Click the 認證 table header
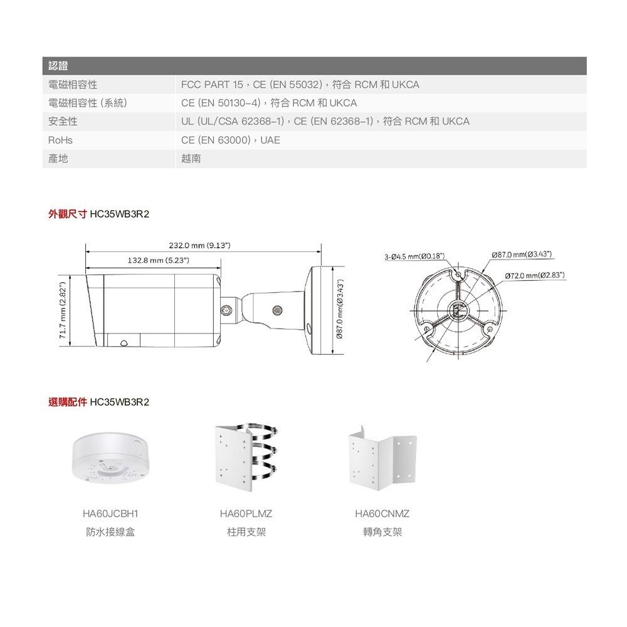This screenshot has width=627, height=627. (x=58, y=66)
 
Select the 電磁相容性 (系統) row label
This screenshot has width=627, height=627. (x=88, y=103)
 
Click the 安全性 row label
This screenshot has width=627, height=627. (x=63, y=121)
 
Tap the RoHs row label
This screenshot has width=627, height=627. (x=61, y=140)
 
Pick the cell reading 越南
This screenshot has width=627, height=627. (x=191, y=159)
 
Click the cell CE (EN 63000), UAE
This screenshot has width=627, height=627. (x=231, y=140)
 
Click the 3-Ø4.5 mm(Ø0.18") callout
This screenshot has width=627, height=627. (x=415, y=256)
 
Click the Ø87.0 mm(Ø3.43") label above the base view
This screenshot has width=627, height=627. (x=522, y=255)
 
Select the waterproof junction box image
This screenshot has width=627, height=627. (x=110, y=456)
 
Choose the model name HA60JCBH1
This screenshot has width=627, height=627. (x=110, y=514)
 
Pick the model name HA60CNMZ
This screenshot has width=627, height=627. (x=382, y=514)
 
